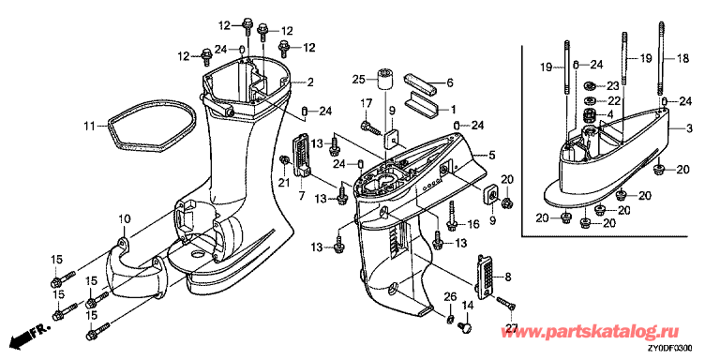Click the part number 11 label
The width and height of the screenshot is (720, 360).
tap(89, 125)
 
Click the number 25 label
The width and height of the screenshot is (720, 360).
tap(358, 80)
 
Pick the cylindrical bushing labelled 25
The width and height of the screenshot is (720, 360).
tap(384, 80)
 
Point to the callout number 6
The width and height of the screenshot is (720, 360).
tap(450, 82)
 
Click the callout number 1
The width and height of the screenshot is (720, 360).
tap(453, 110)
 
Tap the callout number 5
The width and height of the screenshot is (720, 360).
tap(492, 156)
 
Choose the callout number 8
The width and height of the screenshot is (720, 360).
tap(507, 277)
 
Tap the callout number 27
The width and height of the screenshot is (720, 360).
tap(512, 329)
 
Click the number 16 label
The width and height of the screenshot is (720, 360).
tap(473, 224)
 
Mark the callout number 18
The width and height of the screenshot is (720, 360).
tap(682, 58)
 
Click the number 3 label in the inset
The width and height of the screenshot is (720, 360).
tap(689, 129)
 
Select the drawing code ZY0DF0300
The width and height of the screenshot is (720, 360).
tap(670, 348)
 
